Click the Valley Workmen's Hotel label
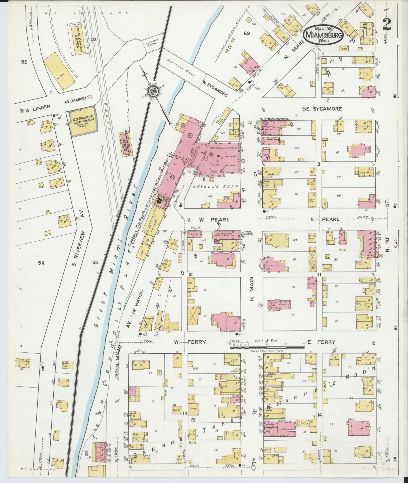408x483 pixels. point(274,118)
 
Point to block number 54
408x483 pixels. point(41,263)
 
